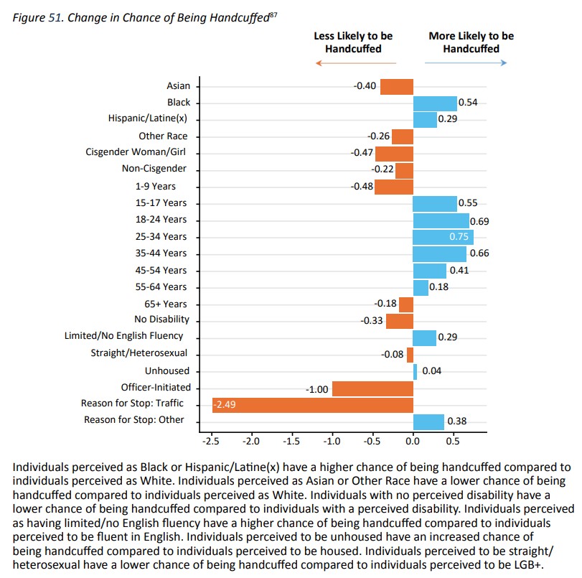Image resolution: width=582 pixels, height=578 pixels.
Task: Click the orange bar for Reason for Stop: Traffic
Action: [x=313, y=405]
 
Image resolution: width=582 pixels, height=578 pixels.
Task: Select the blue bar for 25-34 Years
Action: [x=443, y=237]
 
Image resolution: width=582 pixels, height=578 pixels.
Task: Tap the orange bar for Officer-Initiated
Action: [x=372, y=388]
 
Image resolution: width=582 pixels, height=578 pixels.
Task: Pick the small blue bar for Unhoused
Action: [x=415, y=371]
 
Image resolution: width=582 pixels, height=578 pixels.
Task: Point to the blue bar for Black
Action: [x=435, y=103]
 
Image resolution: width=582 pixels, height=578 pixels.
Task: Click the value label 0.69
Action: [x=479, y=221]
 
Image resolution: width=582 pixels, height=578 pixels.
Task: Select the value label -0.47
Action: [x=362, y=153]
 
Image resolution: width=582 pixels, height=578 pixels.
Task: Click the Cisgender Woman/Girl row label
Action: [x=136, y=152]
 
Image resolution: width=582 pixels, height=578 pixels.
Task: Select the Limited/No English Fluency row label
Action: [x=137, y=335]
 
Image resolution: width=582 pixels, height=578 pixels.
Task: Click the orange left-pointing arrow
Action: [x=355, y=63]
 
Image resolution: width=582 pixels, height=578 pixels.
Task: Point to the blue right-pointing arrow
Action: [x=466, y=63]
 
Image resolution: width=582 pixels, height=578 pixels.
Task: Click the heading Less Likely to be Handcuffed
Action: [x=353, y=42]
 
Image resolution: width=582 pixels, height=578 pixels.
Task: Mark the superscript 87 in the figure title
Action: [x=273, y=14]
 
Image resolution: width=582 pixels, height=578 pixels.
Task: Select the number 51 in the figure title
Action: [x=53, y=18]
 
